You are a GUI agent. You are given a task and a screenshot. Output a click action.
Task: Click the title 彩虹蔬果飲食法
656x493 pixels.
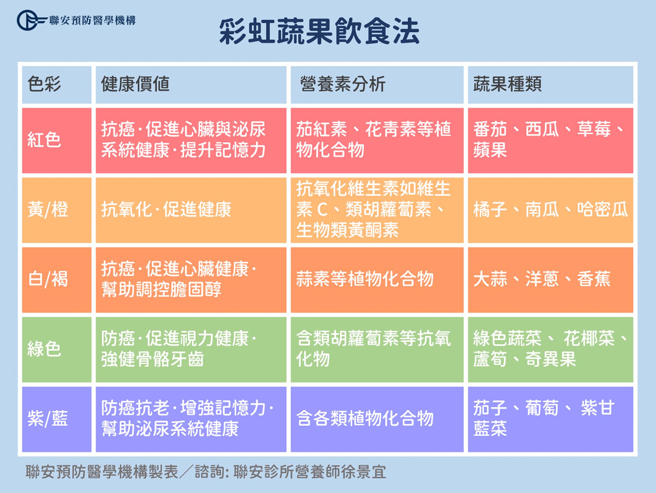319,32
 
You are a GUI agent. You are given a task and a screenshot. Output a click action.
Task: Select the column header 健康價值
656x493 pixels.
135,84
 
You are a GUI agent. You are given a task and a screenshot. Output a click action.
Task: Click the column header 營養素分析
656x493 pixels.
343,84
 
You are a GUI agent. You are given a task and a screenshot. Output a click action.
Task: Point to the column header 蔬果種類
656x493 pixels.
507,84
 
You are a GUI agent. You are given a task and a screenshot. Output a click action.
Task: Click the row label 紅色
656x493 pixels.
44,140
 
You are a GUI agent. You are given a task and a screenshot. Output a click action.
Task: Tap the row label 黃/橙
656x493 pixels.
48,210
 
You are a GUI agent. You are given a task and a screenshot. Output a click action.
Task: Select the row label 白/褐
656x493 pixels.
48,279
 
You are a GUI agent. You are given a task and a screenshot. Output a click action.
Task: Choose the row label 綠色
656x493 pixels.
44,349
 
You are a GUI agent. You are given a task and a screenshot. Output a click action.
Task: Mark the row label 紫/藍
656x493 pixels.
48,419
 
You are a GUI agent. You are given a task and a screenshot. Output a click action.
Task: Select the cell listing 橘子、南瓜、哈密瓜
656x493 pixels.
551,210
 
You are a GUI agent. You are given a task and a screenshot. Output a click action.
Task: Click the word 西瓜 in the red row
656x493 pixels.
542,129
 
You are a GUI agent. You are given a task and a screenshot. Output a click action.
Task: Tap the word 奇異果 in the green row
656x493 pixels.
551,360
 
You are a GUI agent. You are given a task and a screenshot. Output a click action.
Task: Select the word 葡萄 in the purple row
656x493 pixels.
542,408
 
